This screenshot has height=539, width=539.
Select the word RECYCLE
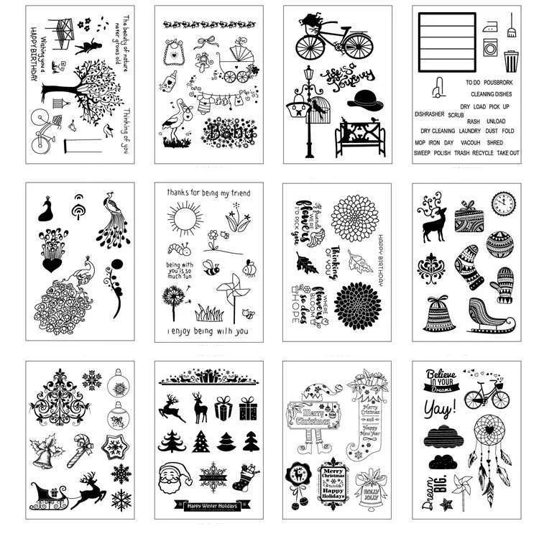[x=483, y=153]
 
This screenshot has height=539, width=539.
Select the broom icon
[x=512, y=28]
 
